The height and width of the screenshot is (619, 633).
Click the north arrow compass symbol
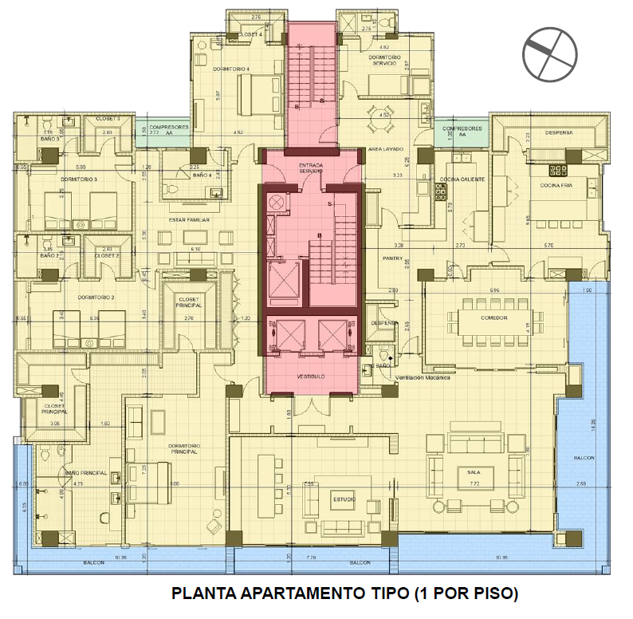tap(549, 53)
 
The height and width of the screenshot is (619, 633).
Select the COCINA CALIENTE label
tap(467, 179)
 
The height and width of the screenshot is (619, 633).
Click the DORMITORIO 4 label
tap(231, 69)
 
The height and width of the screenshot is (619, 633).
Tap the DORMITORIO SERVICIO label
tap(388, 61)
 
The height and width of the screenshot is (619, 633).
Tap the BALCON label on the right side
tap(584, 458)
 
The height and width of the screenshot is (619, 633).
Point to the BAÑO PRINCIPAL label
tap(86, 473)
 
